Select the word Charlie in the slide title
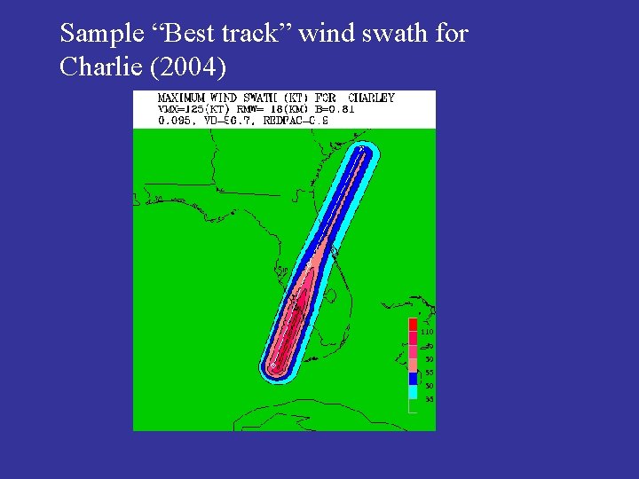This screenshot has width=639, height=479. point(97,67)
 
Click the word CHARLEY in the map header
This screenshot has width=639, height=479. point(371,98)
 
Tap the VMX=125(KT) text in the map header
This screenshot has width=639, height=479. point(192,109)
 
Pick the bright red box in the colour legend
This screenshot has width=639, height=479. point(413,325)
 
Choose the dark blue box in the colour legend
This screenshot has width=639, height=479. point(413,378)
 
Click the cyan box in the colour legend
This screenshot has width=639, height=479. point(413,391)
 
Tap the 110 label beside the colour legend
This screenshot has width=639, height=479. point(428,332)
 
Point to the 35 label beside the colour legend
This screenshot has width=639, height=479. point(428,399)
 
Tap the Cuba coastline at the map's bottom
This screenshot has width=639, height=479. point(293,413)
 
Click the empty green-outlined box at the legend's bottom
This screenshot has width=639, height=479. point(413,405)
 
